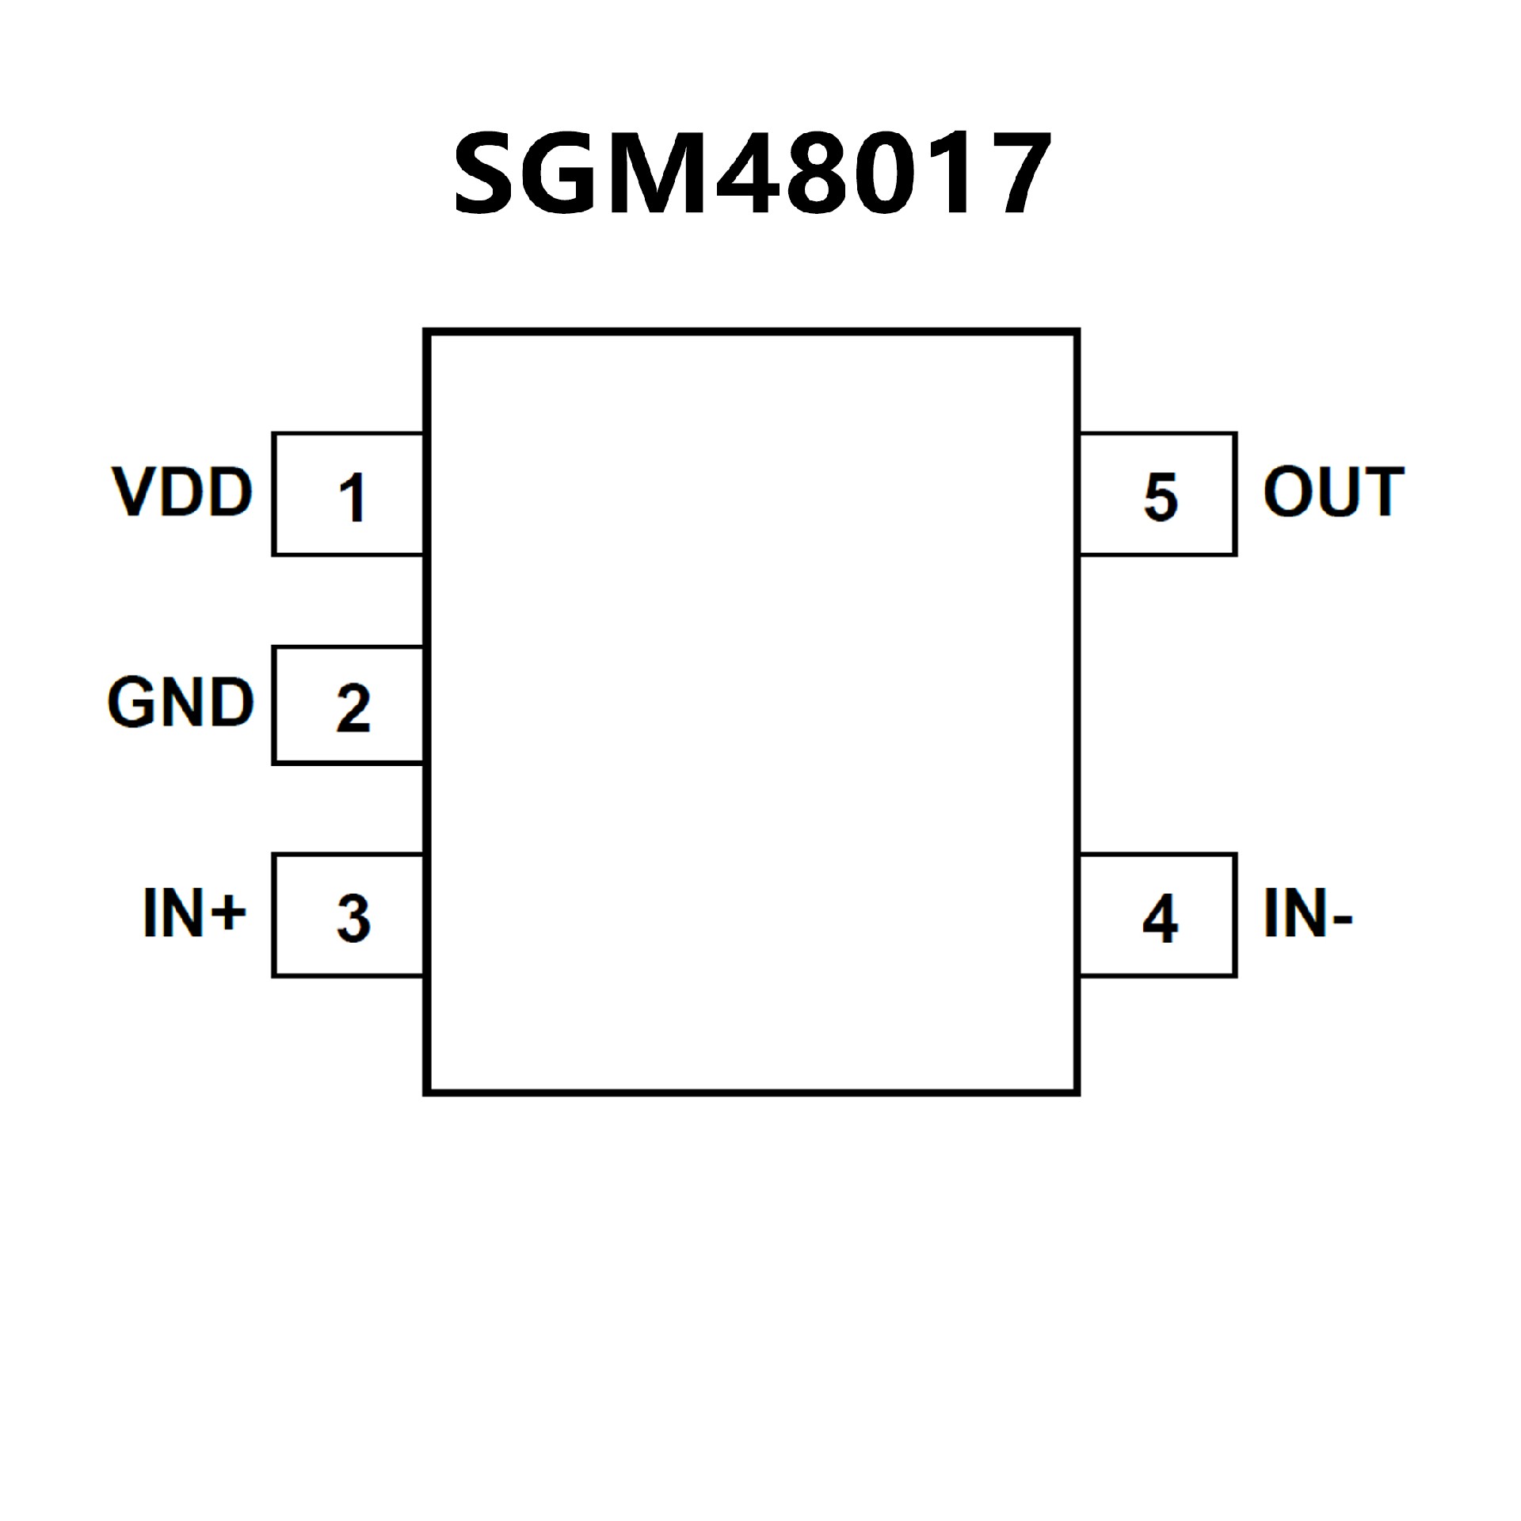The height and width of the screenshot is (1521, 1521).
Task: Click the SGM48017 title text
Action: pyautogui.click(x=752, y=174)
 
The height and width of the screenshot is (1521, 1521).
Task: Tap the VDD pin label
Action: pyautogui.click(x=182, y=492)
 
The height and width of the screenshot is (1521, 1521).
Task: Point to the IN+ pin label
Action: pyautogui.click(x=194, y=913)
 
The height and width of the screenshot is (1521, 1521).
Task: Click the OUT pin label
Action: pyautogui.click(x=1333, y=492)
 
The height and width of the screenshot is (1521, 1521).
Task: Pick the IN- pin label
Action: pyautogui.click(x=1308, y=913)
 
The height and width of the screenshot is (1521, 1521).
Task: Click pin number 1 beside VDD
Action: pyautogui.click(x=352, y=497)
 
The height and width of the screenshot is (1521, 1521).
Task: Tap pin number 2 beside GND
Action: pyautogui.click(x=353, y=707)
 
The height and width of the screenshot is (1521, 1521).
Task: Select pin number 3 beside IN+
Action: pyautogui.click(x=353, y=918)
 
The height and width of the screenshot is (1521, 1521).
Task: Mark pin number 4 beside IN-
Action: pyautogui.click(x=1160, y=919)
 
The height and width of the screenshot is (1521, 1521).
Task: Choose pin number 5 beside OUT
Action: pyautogui.click(x=1161, y=497)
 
